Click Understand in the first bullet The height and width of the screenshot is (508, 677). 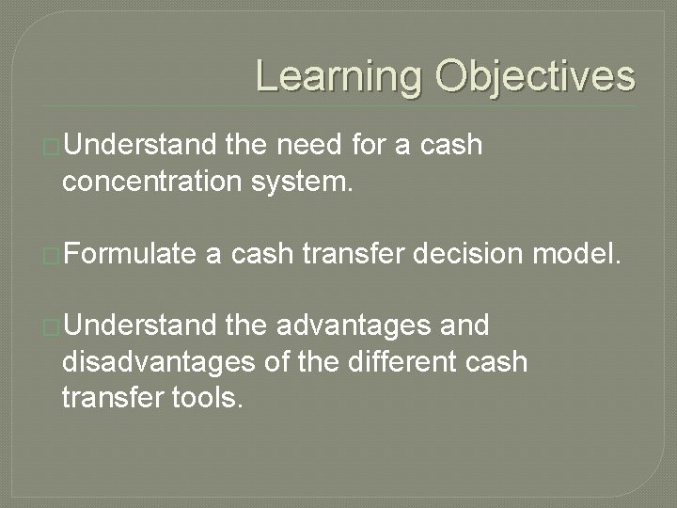coord(140,146)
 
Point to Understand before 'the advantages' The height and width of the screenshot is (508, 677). coord(140,326)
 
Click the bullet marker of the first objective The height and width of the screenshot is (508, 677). coord(53,147)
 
